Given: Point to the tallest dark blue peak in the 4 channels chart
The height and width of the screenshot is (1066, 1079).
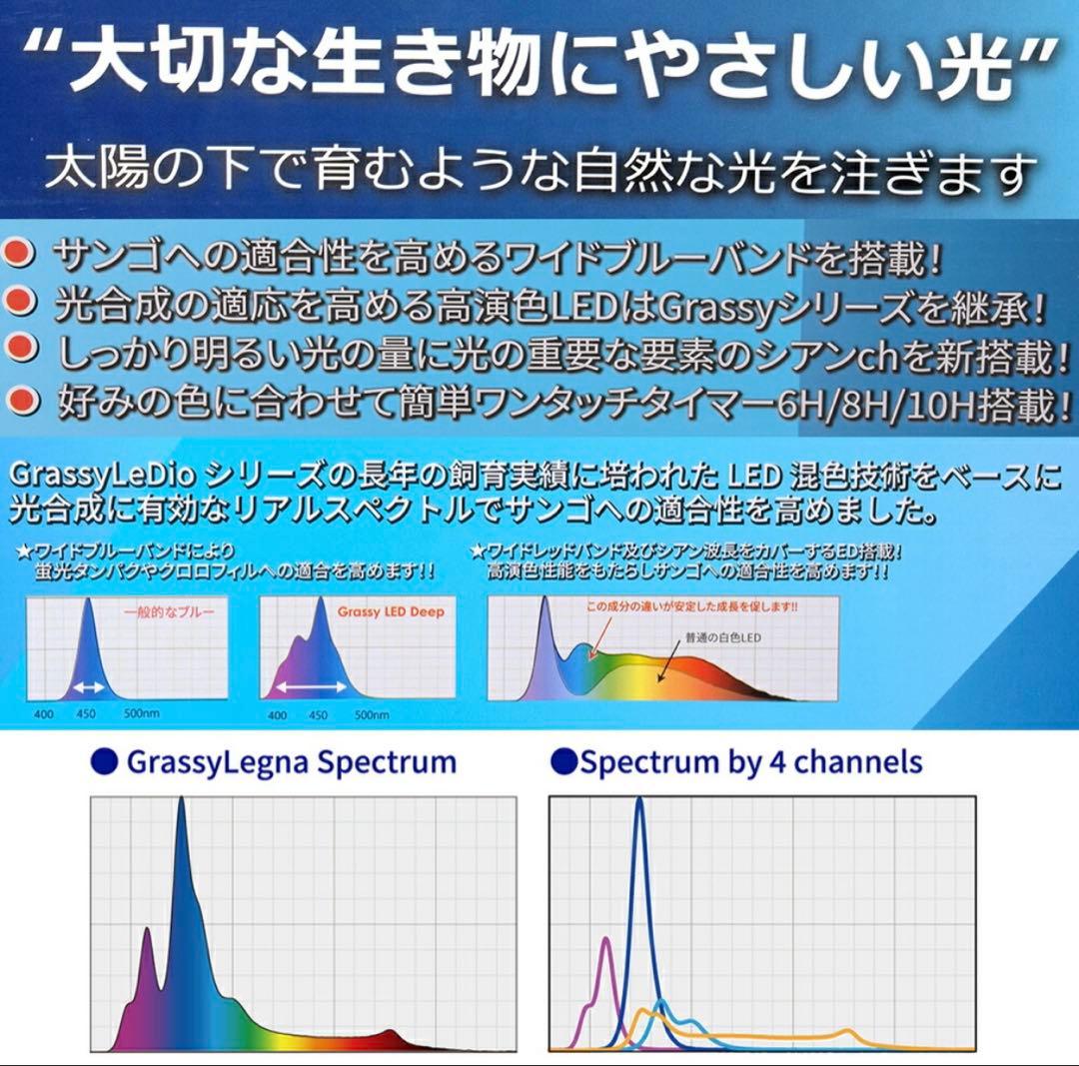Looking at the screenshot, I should pos(639,802).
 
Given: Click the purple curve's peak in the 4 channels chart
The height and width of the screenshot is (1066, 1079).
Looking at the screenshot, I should pos(606,939).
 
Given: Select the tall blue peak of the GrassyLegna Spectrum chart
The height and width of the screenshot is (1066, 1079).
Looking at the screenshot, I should pos(181,802).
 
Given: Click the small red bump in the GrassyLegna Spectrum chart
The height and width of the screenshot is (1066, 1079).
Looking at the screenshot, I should pos(391,1031).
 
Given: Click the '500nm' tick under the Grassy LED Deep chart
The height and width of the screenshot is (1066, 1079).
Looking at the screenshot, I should pos(373,715).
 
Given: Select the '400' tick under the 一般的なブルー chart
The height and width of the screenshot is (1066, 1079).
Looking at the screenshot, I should pos(44,715).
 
